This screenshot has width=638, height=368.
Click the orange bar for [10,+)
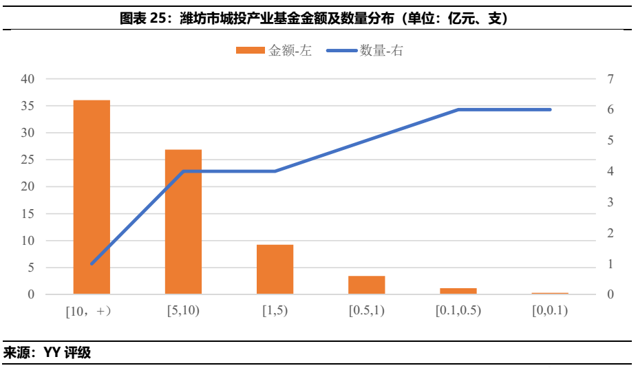coord(92,197)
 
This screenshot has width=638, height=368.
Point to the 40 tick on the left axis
coord(27,79)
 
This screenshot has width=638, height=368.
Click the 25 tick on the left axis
coord(27,160)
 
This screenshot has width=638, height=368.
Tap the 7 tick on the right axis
coord(609,79)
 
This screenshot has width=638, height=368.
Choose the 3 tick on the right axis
coord(609,202)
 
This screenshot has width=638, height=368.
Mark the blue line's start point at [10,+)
coord(92,263)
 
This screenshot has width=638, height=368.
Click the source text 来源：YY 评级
coord(47,354)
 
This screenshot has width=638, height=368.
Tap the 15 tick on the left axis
coord(27,214)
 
